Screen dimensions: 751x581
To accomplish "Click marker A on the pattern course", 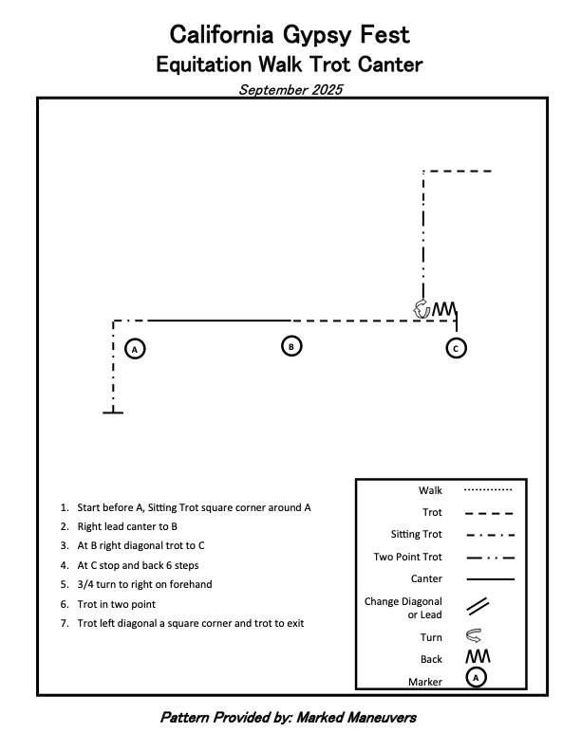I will pyautogui.click(x=135, y=349).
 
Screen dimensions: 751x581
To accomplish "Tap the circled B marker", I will pyautogui.click(x=292, y=346).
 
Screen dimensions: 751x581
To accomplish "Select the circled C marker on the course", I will pyautogui.click(x=456, y=348).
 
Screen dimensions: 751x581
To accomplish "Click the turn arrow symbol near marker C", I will pyautogui.click(x=422, y=309).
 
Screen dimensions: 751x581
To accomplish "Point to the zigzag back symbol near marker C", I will pyautogui.click(x=444, y=309).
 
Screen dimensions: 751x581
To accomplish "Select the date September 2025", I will pyautogui.click(x=290, y=90).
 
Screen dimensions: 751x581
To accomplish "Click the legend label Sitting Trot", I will pyautogui.click(x=417, y=534).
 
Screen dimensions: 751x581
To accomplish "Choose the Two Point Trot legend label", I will pyautogui.click(x=407, y=557).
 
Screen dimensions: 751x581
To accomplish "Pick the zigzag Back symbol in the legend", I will pyautogui.click(x=477, y=656).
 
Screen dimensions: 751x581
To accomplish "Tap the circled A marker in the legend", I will pyautogui.click(x=478, y=677).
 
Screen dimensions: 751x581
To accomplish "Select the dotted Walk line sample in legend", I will pyautogui.click(x=488, y=490).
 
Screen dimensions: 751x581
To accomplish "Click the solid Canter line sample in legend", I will pyautogui.click(x=488, y=578).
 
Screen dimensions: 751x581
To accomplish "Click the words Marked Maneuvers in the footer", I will pyautogui.click(x=357, y=718).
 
